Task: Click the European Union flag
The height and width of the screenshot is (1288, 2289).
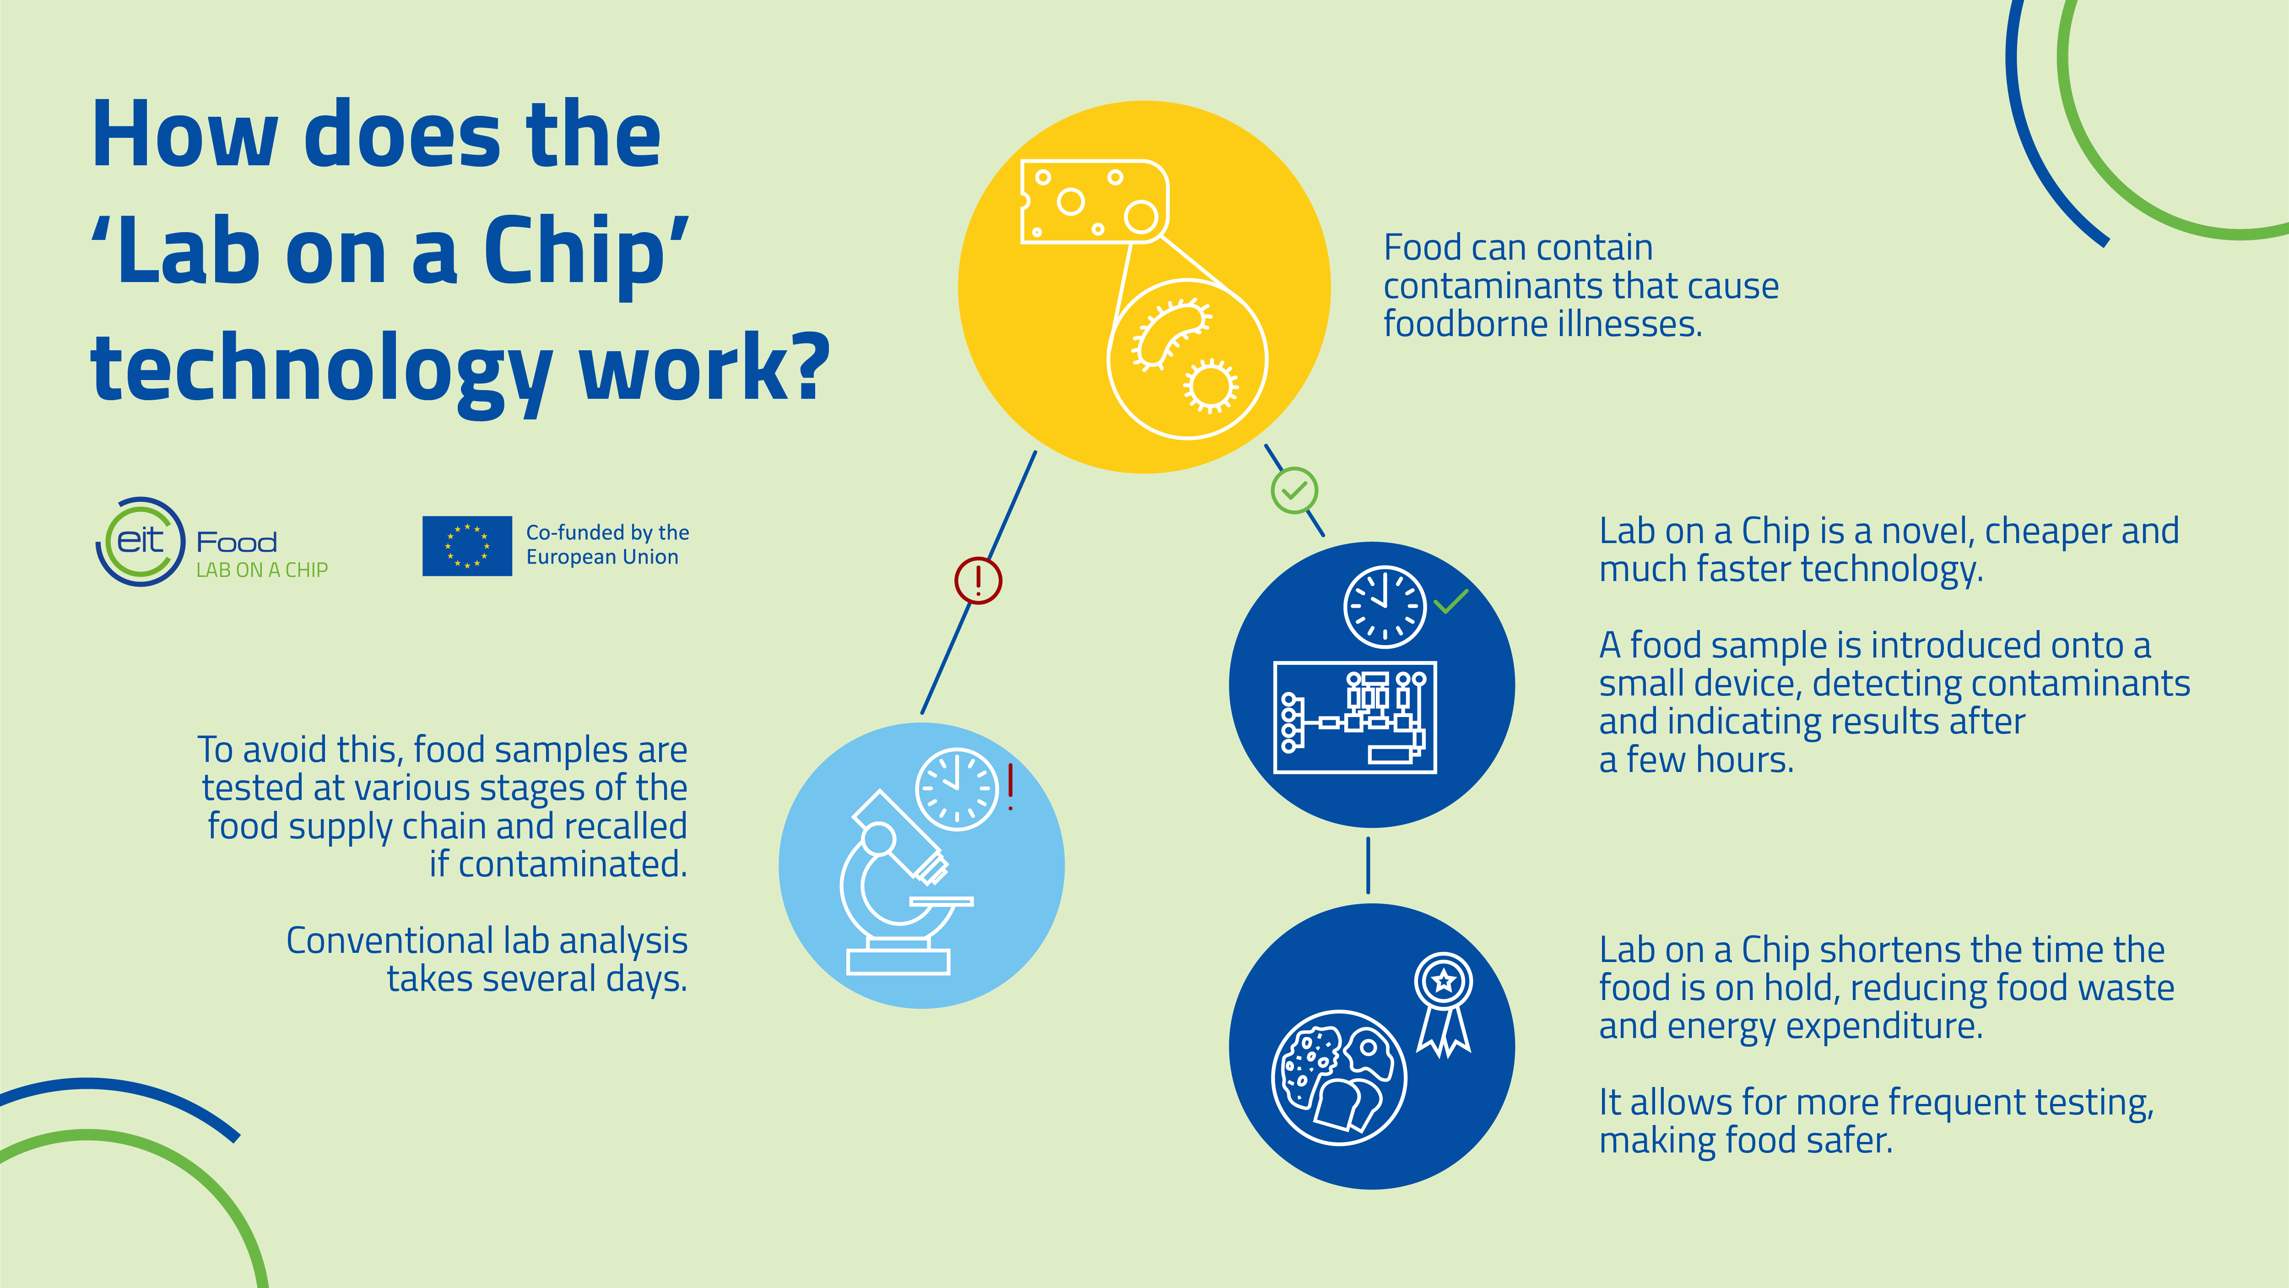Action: click(x=466, y=546)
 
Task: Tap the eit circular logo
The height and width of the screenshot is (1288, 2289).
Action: click(x=141, y=541)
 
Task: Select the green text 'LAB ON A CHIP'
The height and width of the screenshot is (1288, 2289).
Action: click(x=262, y=570)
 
